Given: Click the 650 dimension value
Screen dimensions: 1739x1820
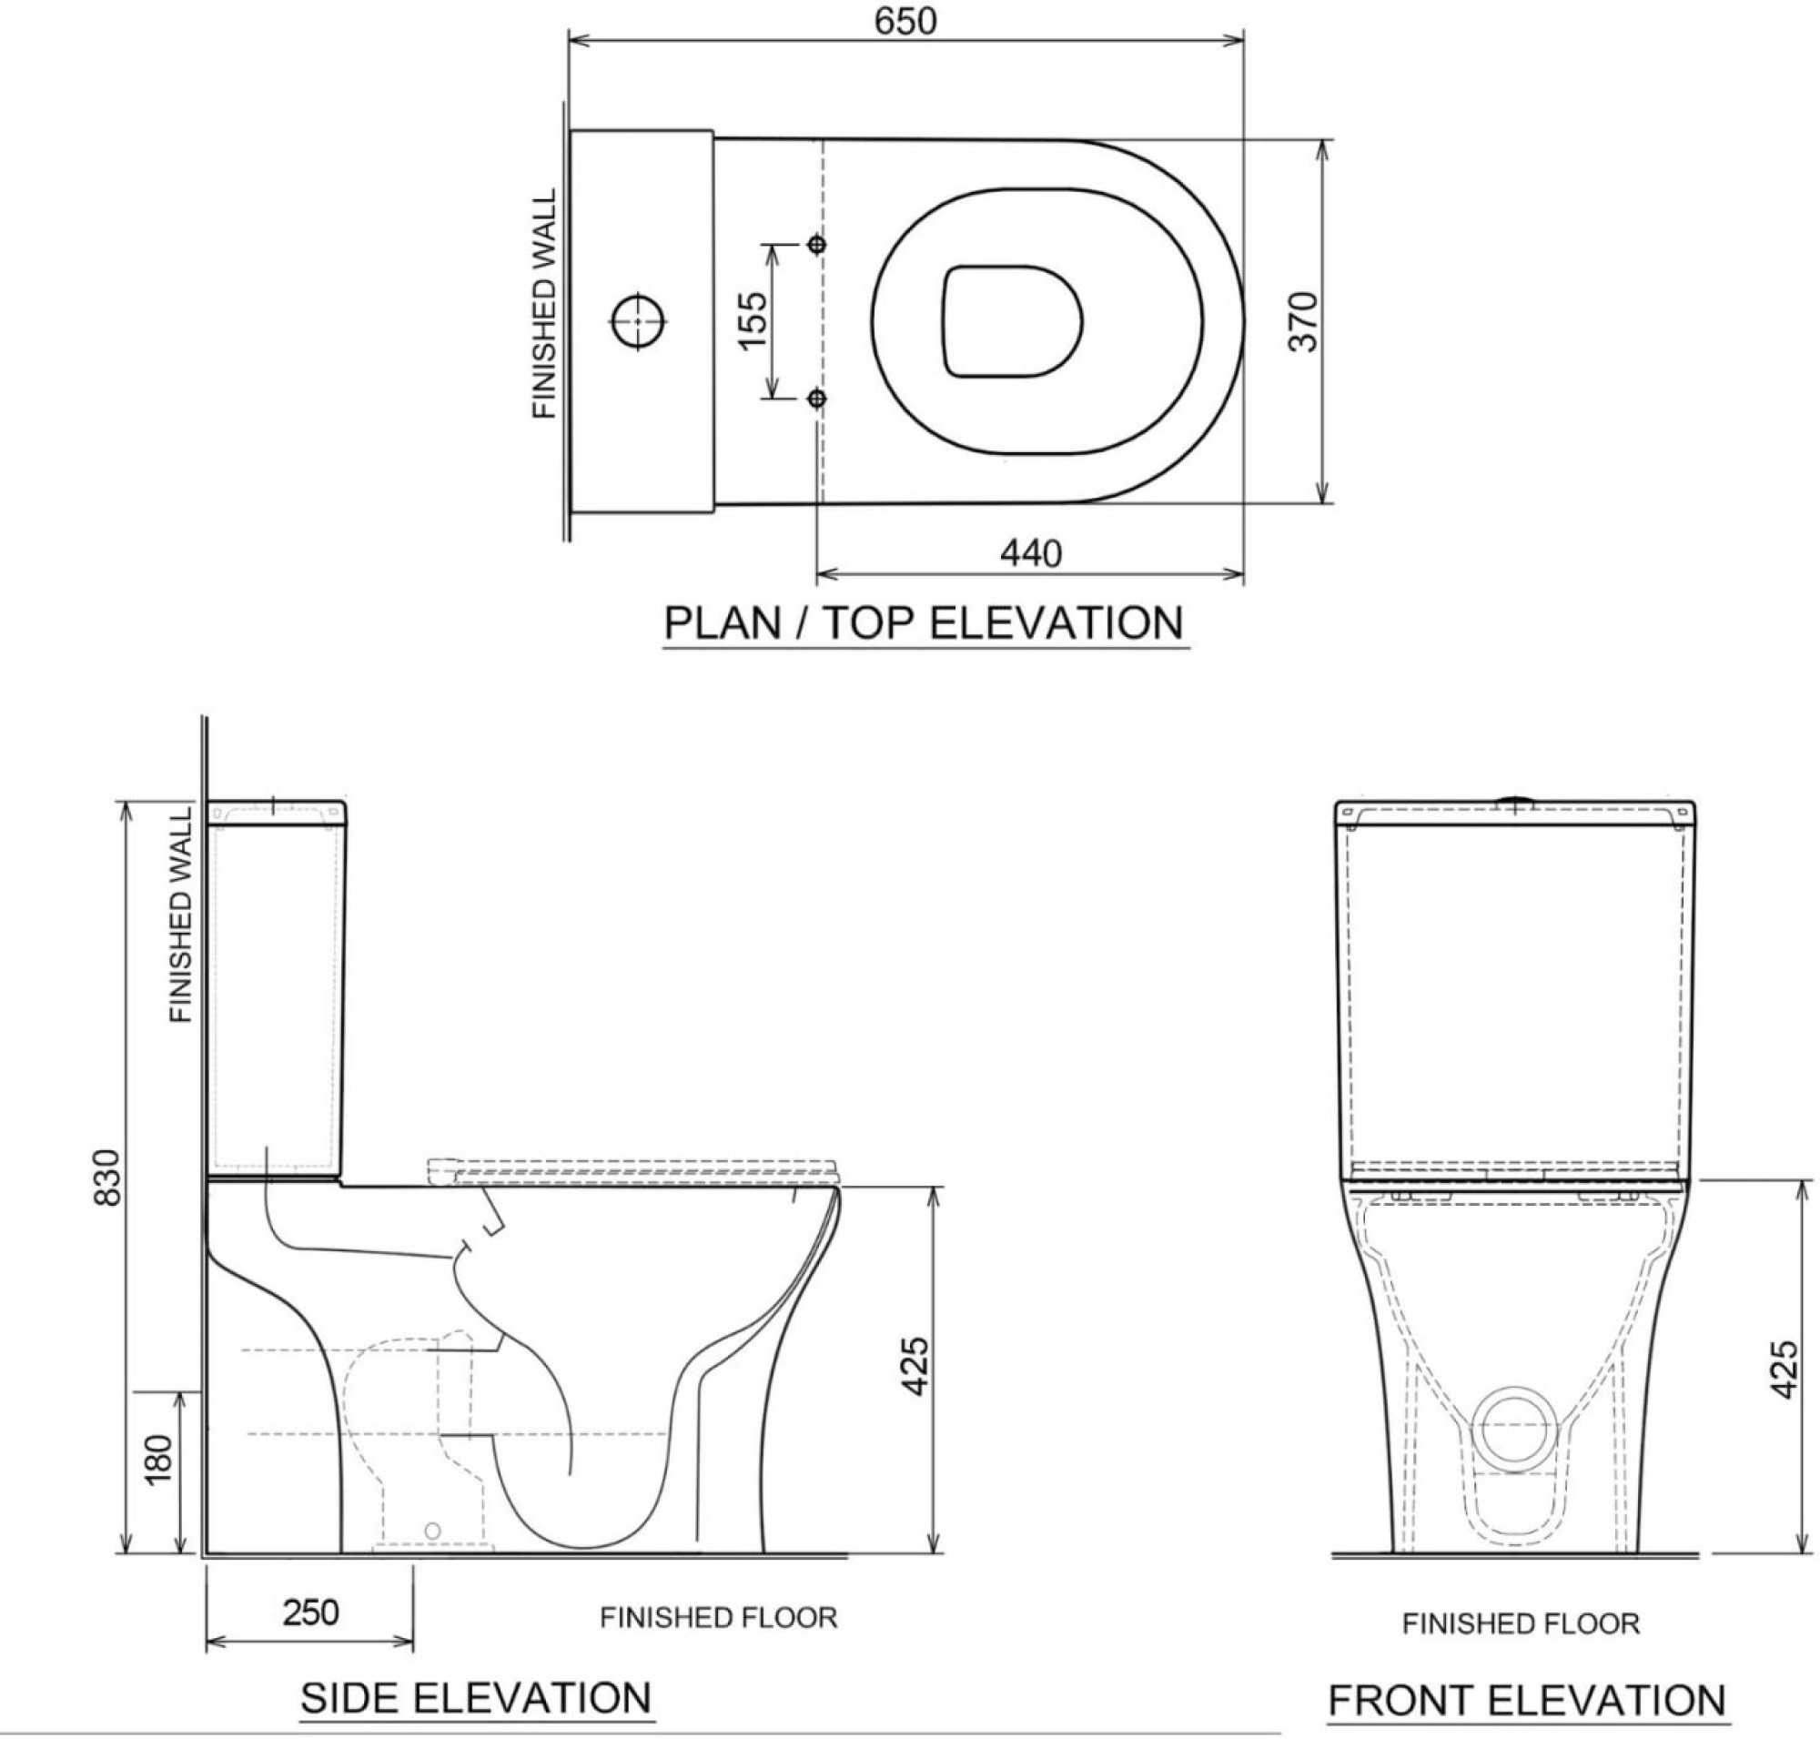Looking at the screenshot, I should [904, 21].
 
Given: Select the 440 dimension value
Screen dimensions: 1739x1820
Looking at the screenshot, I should [1029, 553].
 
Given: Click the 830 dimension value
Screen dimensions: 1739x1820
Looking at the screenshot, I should [107, 1177].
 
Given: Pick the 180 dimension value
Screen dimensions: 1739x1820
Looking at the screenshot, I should [158, 1460].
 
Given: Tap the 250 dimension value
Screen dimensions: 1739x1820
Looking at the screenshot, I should [309, 1613].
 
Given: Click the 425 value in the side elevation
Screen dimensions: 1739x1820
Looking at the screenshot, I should [915, 1365].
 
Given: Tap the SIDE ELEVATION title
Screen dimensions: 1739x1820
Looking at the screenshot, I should [477, 1697].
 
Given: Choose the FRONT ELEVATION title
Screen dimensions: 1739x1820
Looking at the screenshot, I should [1526, 1700].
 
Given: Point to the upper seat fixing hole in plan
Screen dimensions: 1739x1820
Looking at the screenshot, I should [816, 244].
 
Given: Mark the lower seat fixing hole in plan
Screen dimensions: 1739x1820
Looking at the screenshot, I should [816, 399].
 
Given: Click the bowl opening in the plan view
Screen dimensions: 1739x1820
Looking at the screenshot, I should [1013, 321].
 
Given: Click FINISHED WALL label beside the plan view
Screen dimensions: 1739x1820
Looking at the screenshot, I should [544, 304].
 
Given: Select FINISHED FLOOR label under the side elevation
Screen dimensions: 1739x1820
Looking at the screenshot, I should [718, 1618].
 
